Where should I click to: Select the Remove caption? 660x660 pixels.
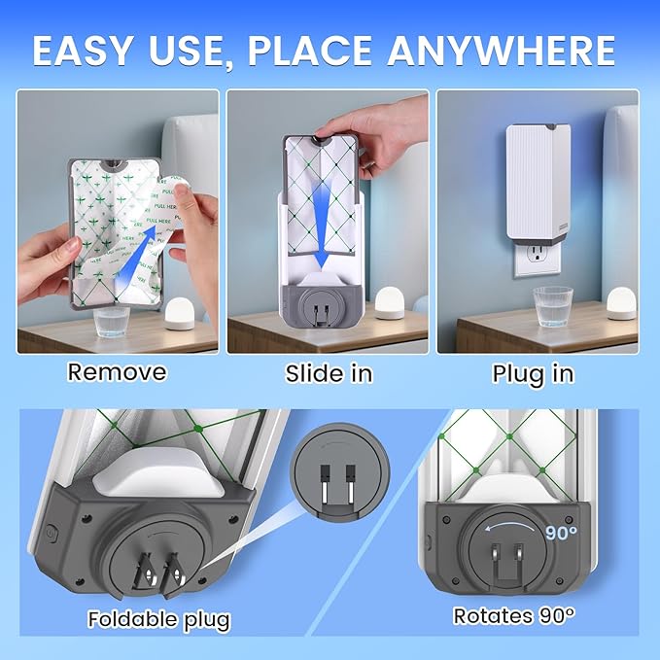[117, 371]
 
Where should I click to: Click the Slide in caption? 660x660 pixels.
[330, 373]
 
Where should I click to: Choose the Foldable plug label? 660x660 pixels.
[158, 619]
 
